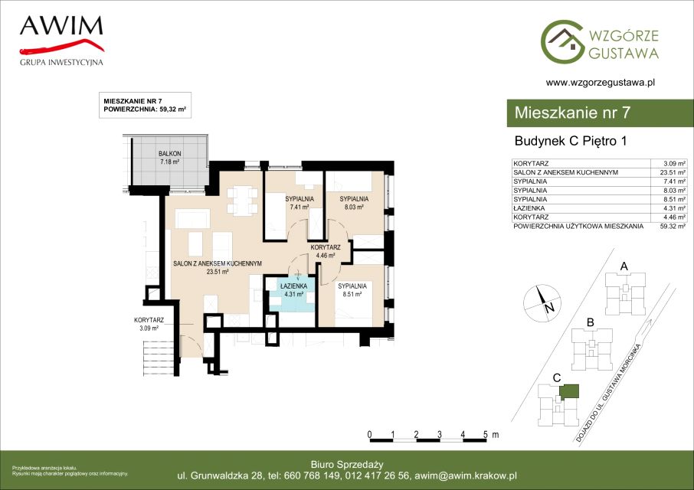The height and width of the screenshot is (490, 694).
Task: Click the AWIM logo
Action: click(x=61, y=41)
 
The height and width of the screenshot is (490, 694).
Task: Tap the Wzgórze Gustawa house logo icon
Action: click(x=561, y=41)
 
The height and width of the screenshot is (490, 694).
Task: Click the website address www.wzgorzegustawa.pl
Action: click(x=601, y=82)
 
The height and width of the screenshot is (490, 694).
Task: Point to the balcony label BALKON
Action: click(x=169, y=153)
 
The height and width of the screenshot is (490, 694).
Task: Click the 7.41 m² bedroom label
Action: click(x=300, y=203)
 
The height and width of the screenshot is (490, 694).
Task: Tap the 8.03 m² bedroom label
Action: click(x=354, y=203)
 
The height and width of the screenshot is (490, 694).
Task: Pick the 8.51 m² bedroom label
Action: click(x=352, y=289)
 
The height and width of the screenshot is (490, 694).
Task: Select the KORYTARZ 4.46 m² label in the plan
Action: click(x=326, y=251)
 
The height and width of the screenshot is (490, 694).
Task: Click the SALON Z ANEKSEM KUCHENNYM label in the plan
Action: click(x=218, y=263)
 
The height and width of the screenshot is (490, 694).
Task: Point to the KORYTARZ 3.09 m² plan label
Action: click(x=149, y=324)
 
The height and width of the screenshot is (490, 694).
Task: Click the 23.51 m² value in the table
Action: click(x=673, y=172)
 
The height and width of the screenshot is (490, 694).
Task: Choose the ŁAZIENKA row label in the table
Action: click(x=529, y=208)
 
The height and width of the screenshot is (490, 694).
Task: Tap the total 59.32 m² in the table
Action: click(x=673, y=226)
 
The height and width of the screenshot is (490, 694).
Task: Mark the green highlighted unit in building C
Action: click(x=568, y=391)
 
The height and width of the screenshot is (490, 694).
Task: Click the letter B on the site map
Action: click(x=590, y=322)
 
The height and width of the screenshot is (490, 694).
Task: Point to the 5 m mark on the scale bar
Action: click(x=486, y=434)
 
